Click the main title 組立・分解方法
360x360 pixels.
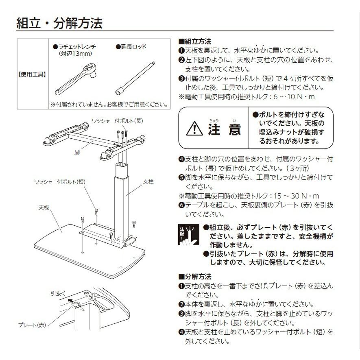point(59,22)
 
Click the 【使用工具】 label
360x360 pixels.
point(33,74)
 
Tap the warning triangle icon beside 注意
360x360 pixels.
point(194,129)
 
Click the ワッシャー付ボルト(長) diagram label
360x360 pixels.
point(117,121)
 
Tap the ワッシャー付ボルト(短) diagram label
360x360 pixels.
point(61,181)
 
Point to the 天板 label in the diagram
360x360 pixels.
point(44,207)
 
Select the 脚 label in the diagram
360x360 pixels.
point(77,152)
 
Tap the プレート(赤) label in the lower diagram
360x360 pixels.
point(33,325)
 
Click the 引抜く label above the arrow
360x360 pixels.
point(58,292)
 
